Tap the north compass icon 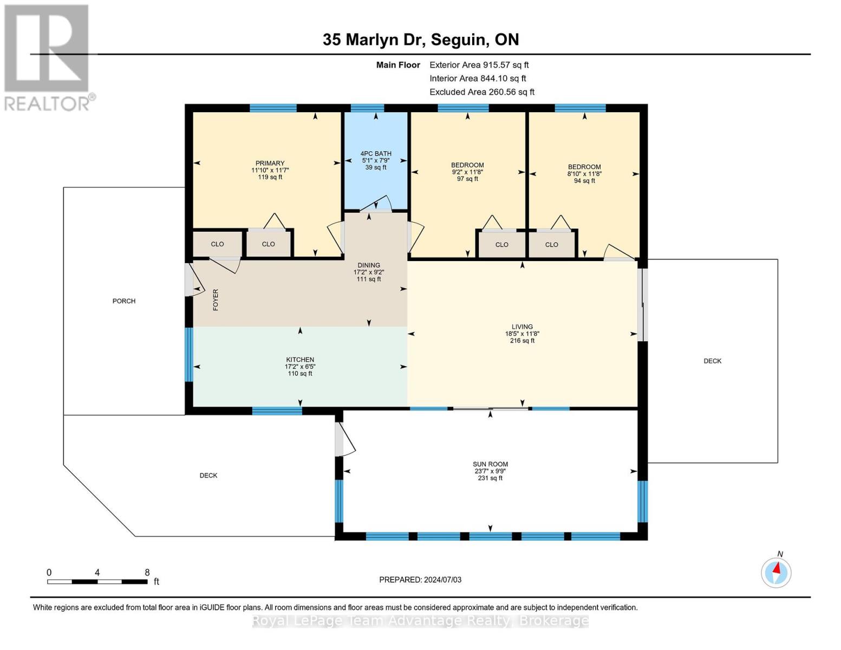point(775,573)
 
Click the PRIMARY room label point(270,164)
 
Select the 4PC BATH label point(376,154)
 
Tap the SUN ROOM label point(490,464)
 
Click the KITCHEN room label point(300,360)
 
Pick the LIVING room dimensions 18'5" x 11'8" point(522,334)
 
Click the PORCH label point(124,301)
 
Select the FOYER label point(216,300)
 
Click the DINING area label point(368,265)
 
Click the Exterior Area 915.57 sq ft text point(479,65)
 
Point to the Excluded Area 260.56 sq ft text point(482,92)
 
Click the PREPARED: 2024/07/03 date point(420,580)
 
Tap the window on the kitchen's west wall point(189,355)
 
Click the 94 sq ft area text point(584,181)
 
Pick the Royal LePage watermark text point(420,621)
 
